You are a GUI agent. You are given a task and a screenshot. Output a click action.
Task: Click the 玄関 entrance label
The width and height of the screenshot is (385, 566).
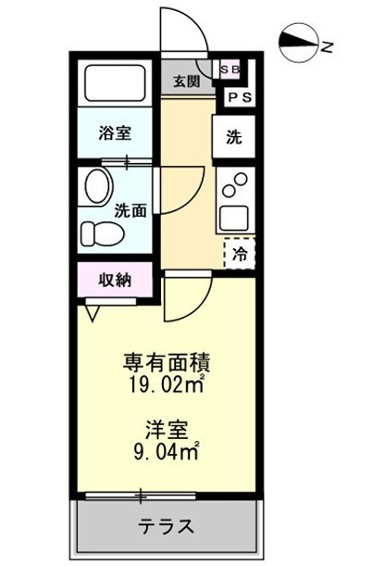tap(186, 82)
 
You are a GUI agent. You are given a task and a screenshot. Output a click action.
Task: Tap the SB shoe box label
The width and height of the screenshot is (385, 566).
tap(230, 69)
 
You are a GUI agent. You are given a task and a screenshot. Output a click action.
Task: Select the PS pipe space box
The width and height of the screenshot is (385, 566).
tap(240, 97)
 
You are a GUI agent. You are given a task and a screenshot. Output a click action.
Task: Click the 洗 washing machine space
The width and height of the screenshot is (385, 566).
tap(233, 136)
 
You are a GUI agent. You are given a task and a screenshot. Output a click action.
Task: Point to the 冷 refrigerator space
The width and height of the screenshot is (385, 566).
tap(240, 254)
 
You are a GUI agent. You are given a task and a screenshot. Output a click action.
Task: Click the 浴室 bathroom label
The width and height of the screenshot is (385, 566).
tap(115, 132)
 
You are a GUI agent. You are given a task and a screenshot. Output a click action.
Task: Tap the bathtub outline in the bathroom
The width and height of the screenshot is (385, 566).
tap(115, 83)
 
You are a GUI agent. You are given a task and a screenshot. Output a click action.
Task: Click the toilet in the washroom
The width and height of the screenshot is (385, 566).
tap(103, 234)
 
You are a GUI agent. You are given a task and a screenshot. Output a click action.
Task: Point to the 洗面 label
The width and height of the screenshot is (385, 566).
tap(130, 211)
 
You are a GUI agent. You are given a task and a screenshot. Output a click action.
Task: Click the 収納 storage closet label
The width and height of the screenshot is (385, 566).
tap(115, 280)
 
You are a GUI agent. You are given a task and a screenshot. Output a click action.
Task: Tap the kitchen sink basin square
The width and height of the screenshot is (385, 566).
tap(235, 218)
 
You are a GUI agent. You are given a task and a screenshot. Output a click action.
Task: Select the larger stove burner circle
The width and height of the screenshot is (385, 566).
tap(241, 180)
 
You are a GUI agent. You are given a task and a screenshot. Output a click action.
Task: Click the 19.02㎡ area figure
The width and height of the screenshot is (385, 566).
tap(167, 385)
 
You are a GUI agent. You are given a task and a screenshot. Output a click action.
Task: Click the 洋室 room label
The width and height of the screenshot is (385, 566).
tap(167, 430)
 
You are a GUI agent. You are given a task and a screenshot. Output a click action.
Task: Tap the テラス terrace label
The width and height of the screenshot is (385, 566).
tap(167, 526)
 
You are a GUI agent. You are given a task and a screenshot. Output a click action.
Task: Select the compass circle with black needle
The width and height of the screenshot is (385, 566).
tap(299, 44)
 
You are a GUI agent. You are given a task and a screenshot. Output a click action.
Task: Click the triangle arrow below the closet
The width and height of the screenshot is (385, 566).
tap(93, 313)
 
